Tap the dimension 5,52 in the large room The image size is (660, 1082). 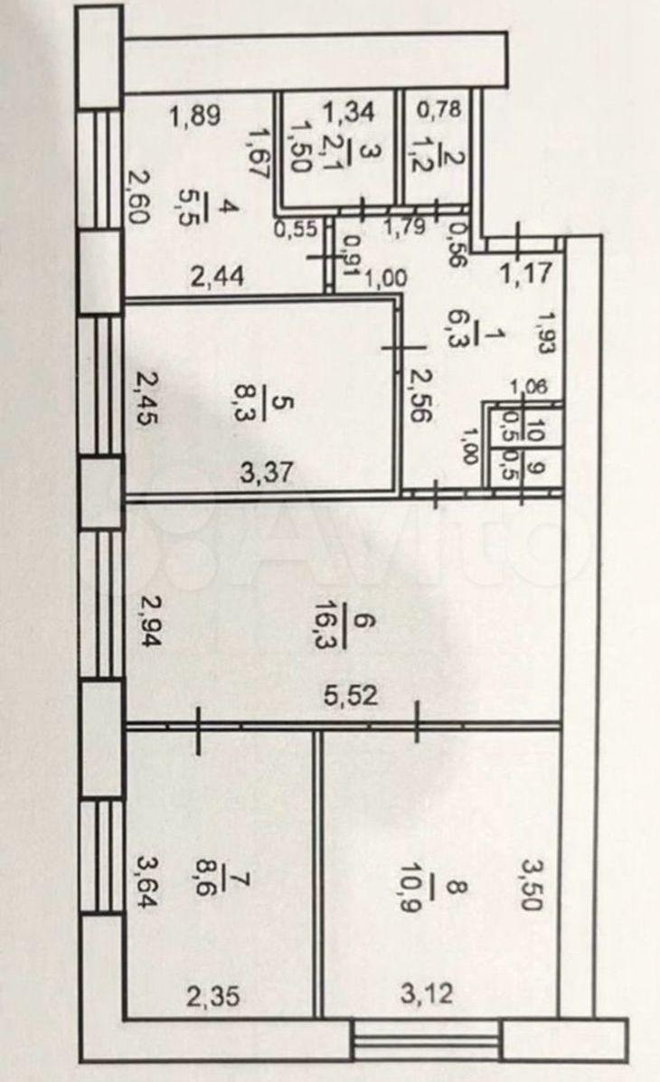tap(352, 696)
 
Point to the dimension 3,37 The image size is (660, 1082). tap(268, 474)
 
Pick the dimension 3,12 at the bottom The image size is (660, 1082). tap(428, 994)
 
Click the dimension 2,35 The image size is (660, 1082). tap(213, 996)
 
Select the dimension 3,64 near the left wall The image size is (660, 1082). tap(147, 881)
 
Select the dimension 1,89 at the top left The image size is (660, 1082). tap(195, 115)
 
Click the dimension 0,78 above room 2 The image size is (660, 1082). tap(439, 108)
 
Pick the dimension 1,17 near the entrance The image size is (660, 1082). tap(525, 273)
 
